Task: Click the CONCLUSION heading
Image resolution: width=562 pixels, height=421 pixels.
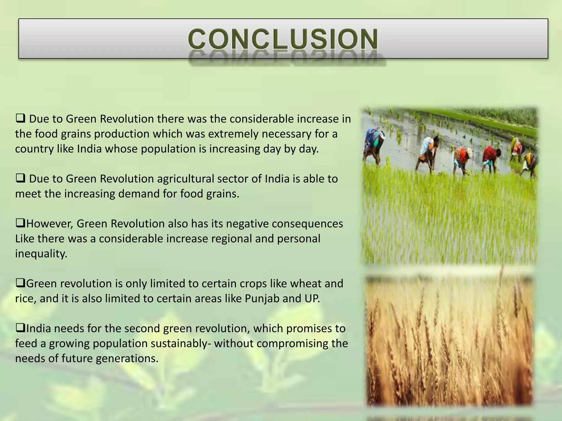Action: pos(283,39)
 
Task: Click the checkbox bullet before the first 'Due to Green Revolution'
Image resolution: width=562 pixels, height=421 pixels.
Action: pos(21,119)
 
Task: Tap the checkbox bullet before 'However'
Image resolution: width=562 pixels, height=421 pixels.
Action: pos(20,224)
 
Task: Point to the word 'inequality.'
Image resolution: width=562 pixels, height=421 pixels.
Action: pos(41,254)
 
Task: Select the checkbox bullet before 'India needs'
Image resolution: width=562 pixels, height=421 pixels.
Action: pos(20,328)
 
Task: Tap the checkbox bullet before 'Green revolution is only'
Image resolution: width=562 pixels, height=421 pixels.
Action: pos(20,283)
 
